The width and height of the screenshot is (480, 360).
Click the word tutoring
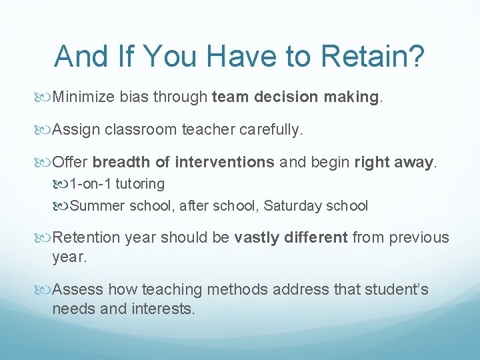pos(139,183)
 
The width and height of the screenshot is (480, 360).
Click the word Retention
pos(85,238)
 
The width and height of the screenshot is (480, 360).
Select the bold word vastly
pos(257,238)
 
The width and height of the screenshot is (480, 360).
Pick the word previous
pos(420,238)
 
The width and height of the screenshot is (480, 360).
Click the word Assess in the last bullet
pos(77,289)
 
